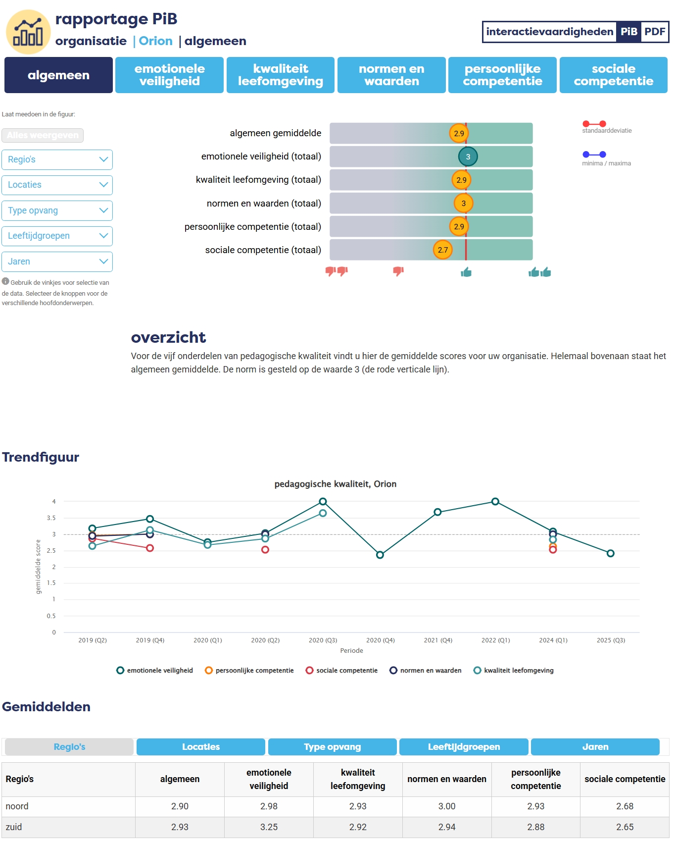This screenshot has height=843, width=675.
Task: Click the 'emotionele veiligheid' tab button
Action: (169, 75)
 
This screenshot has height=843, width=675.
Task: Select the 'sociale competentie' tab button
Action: (613, 75)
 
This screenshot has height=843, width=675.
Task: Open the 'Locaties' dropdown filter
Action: (57, 185)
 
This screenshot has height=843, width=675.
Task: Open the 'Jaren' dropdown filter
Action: (57, 262)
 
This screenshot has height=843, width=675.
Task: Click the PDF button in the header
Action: (654, 32)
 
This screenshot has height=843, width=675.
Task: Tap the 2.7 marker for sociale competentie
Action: (442, 250)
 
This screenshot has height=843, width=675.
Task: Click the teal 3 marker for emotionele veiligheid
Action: (468, 157)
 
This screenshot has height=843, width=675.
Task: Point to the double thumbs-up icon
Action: (539, 272)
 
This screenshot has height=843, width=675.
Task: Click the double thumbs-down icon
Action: (337, 271)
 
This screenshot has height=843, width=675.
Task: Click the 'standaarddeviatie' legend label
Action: (607, 131)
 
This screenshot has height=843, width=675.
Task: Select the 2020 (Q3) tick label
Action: (323, 640)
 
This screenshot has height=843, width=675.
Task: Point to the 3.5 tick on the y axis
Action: (51, 518)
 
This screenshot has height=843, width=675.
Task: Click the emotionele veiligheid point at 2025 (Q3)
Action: (610, 553)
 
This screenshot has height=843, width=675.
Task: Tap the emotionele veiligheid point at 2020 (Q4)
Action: (380, 555)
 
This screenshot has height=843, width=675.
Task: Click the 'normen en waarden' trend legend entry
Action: (426, 670)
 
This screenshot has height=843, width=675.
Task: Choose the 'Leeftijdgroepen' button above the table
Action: (464, 747)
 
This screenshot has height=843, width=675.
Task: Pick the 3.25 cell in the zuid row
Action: (269, 827)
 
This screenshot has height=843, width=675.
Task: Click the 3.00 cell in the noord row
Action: (446, 806)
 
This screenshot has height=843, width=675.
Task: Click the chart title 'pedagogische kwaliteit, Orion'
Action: (335, 484)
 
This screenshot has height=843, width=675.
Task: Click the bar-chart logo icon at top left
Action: (28, 32)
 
